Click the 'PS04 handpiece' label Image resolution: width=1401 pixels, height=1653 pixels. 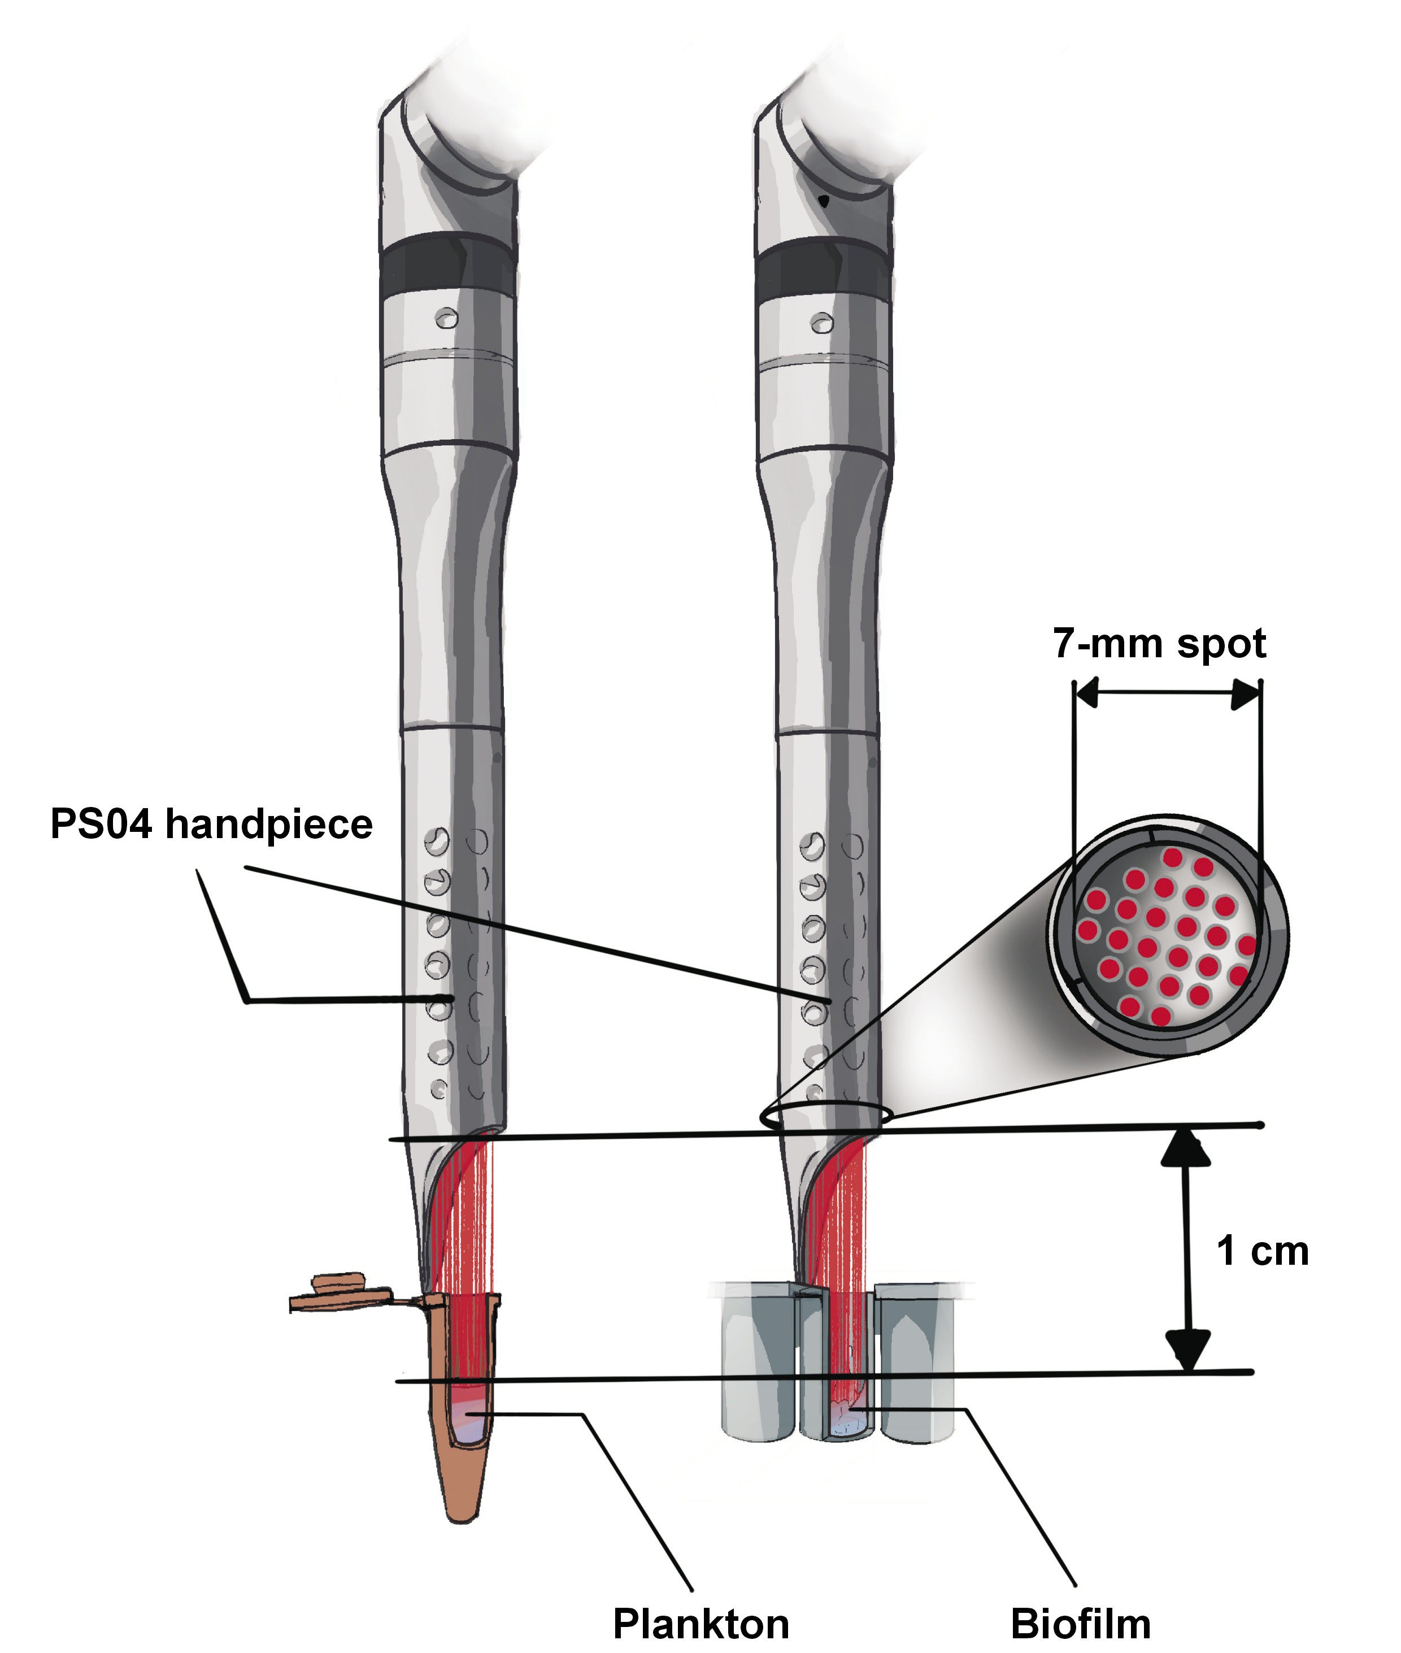click(211, 825)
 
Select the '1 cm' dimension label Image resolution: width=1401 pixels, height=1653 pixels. click(1262, 1251)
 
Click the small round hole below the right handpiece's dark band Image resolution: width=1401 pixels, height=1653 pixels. click(821, 323)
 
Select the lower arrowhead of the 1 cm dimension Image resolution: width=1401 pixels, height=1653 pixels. click(1186, 1350)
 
